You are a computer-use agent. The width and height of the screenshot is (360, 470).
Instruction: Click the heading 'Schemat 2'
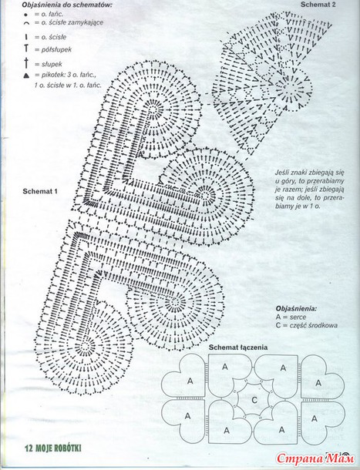pos(318,4)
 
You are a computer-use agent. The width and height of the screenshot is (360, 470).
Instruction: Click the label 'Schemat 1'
pos(40,191)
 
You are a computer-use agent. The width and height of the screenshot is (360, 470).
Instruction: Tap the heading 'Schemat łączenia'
pos(238,347)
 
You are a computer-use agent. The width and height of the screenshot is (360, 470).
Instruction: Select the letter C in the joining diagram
pos(254,400)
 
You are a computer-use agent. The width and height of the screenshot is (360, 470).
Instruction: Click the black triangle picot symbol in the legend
pos(26,76)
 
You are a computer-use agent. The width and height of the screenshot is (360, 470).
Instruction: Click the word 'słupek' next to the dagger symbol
pos(52,64)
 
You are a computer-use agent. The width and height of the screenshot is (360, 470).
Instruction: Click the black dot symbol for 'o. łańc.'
pos(26,15)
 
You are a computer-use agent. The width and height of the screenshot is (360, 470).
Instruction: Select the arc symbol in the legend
pos(26,22)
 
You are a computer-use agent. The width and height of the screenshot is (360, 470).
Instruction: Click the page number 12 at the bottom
pos(29,448)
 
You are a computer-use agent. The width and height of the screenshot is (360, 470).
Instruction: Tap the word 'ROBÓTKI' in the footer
pos(67,448)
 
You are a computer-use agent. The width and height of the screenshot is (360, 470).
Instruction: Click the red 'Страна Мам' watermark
pos(315,458)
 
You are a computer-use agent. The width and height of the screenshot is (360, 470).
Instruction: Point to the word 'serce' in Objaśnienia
pos(298,317)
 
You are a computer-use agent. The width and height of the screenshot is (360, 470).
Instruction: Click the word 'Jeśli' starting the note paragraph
pos(282,173)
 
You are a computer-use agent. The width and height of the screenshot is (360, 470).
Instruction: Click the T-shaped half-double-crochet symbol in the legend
pos(26,49)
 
